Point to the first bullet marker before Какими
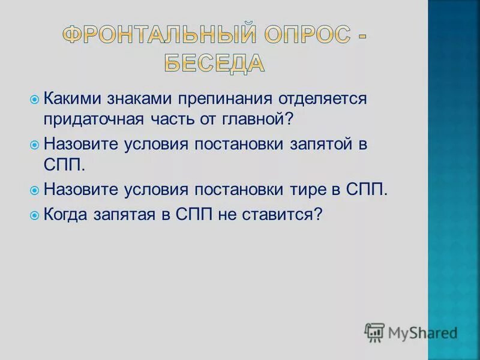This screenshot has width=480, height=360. [35, 98]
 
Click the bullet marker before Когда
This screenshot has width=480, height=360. [35, 214]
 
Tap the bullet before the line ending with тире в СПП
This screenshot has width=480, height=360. [35, 191]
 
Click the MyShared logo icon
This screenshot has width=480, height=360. [374, 331]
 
